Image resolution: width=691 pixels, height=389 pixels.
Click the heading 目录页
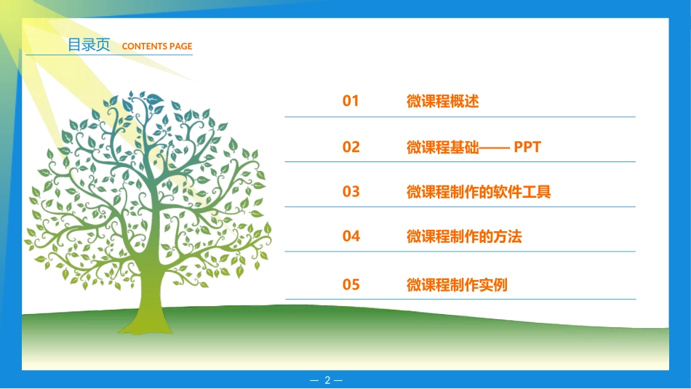[x=88, y=45]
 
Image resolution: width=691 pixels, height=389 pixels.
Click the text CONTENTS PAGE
[x=157, y=47]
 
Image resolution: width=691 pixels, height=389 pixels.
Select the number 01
[x=351, y=101]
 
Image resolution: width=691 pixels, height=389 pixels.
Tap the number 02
[x=351, y=147]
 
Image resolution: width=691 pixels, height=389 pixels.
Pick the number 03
[x=351, y=192]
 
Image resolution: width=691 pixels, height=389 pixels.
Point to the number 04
[x=351, y=236]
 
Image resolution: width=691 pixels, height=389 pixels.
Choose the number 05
[x=351, y=284]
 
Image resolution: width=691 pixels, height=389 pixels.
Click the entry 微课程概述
[x=442, y=102]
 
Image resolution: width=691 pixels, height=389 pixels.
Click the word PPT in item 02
[x=527, y=148]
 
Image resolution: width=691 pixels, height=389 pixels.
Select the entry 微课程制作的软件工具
[x=479, y=193]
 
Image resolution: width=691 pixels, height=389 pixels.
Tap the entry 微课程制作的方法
[x=464, y=237]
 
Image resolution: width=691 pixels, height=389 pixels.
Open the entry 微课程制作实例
[x=457, y=285]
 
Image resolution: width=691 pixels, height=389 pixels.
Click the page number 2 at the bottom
[x=327, y=380]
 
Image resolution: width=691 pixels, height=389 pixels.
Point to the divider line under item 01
[x=460, y=116]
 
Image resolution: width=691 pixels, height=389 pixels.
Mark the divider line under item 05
[x=460, y=299]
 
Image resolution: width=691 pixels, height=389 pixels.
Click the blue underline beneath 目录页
[x=109, y=56]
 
